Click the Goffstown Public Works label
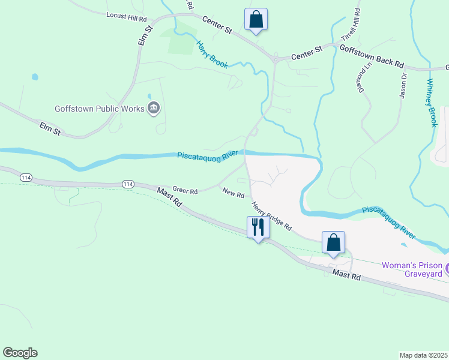100,109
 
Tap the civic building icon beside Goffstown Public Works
154,108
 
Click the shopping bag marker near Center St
256,19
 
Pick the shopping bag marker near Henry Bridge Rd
334,242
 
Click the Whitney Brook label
431,103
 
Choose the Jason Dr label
403,85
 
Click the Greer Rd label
185,191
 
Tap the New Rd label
233,194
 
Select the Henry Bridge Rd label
271,217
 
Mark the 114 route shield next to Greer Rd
127,184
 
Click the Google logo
20,353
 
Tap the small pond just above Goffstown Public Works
149,95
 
